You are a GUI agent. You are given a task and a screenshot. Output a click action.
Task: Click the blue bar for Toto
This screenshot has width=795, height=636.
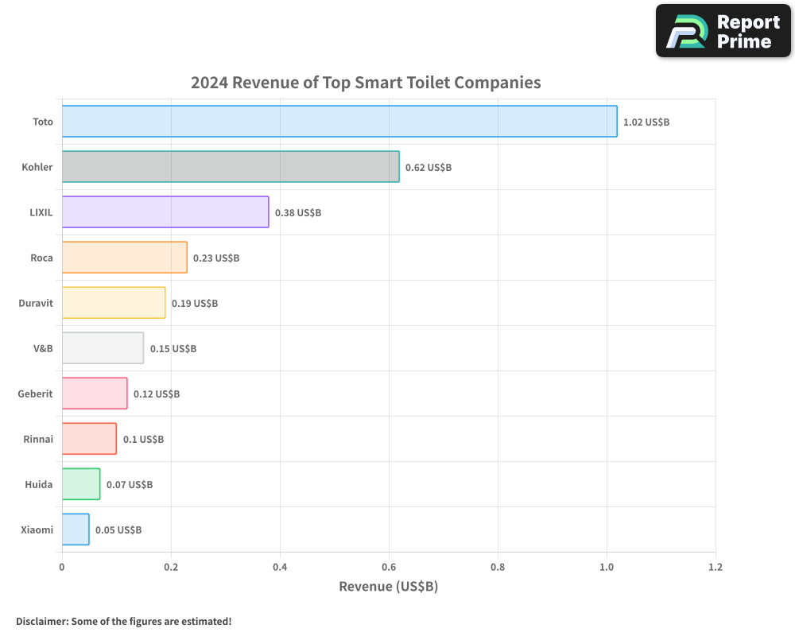[x=339, y=122]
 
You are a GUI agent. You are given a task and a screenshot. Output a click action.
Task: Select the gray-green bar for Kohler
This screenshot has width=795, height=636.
[x=231, y=167]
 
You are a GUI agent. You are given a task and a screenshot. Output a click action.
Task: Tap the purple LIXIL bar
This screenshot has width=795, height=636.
[x=165, y=212]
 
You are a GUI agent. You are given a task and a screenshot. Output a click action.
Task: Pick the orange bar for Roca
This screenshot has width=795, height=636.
[x=124, y=258]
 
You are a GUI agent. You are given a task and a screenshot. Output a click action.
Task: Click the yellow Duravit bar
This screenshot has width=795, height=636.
[x=114, y=303]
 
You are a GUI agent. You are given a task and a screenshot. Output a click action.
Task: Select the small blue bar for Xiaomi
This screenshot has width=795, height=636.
[x=76, y=529]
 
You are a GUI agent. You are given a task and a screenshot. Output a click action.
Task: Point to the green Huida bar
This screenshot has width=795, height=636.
[x=81, y=484]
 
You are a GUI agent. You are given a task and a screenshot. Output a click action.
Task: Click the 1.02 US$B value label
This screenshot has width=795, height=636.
[x=646, y=122]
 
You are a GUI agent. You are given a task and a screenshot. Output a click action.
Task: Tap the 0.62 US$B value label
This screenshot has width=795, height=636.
[x=429, y=168]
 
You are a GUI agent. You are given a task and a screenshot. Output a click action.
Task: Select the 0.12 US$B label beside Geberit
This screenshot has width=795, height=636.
[x=157, y=394]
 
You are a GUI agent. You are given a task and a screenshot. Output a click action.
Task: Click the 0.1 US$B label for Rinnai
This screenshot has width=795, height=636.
[x=143, y=440]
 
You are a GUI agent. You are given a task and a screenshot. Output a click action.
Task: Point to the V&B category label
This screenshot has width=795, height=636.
[x=43, y=349]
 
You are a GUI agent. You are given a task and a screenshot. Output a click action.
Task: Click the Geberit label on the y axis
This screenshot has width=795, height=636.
[x=36, y=394]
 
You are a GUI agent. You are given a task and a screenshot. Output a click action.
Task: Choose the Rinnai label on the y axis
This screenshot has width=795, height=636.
[x=38, y=440]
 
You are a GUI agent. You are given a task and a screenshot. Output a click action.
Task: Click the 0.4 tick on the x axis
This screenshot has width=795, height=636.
[x=280, y=568]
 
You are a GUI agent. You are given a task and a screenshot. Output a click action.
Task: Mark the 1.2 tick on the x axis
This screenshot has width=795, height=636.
[x=715, y=568]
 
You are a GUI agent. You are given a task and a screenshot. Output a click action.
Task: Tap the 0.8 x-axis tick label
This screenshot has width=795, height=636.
[x=498, y=568]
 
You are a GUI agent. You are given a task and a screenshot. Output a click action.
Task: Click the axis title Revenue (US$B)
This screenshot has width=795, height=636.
[x=389, y=587]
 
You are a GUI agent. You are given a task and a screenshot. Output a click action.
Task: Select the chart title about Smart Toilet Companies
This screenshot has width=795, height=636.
[x=366, y=83]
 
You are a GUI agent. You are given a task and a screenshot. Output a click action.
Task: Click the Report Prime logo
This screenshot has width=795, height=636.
[x=723, y=31]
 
